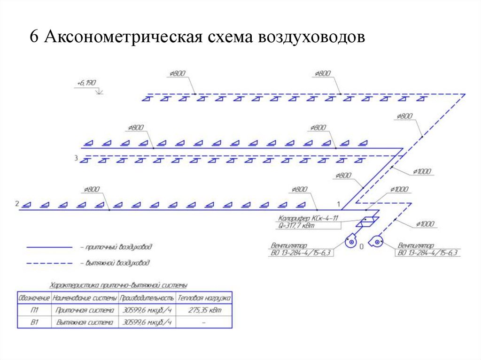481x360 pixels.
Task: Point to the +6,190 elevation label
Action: pyautogui.click(x=86, y=83)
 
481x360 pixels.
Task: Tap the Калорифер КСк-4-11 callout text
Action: pyautogui.click(x=308, y=218)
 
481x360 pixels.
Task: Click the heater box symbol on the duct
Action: pyautogui.click(x=368, y=221)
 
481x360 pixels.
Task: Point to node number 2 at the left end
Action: pyautogui.click(x=17, y=204)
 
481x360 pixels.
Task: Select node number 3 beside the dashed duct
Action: pyautogui.click(x=76, y=158)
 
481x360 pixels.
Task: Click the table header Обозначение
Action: pyautogui.click(x=34, y=298)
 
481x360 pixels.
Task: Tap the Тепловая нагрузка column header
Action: pyautogui.click(x=204, y=298)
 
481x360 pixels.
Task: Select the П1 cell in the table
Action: pyautogui.click(x=34, y=310)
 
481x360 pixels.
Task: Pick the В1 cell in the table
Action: pyautogui.click(x=34, y=323)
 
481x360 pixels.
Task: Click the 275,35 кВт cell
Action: pyautogui.click(x=204, y=310)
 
